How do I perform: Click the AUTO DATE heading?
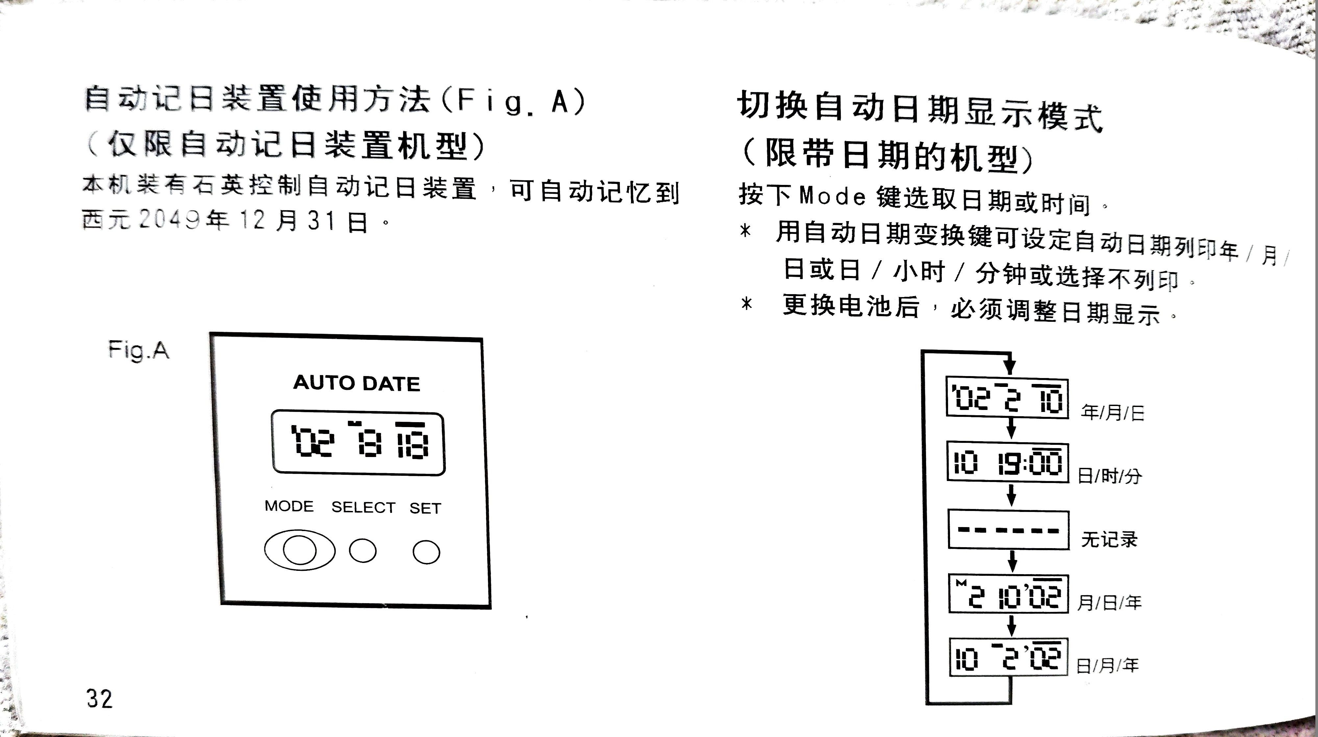356,383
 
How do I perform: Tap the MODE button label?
289,506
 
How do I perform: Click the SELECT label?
363,507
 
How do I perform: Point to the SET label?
425,508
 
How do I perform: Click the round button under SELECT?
363,551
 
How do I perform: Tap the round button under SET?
426,552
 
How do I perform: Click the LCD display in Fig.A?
358,443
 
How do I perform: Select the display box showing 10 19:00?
1008,463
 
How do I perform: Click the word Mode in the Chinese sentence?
832,196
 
